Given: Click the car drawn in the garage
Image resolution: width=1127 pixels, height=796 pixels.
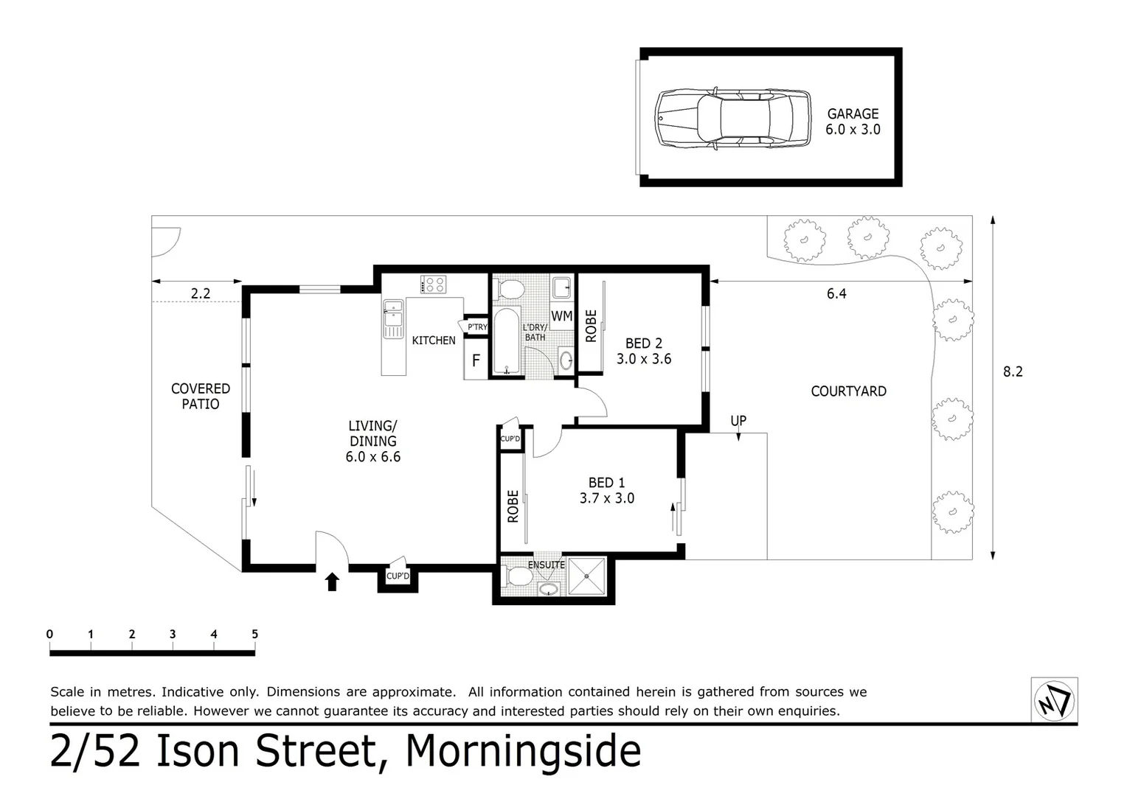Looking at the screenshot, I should pyautogui.click(x=732, y=118).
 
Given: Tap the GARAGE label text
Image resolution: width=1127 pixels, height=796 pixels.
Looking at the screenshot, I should pyautogui.click(x=853, y=114).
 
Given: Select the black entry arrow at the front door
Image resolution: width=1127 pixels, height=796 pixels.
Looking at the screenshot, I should pyautogui.click(x=332, y=582).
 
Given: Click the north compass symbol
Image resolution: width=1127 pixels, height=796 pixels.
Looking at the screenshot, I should pyautogui.click(x=1055, y=699).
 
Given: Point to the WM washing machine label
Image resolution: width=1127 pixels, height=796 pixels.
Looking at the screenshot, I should pyautogui.click(x=562, y=316).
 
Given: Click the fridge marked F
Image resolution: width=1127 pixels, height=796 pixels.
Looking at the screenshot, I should pyautogui.click(x=476, y=361).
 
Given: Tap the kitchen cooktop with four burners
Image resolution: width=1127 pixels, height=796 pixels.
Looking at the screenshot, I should pyautogui.click(x=433, y=284).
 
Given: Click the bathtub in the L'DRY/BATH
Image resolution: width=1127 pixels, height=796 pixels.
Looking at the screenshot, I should pyautogui.click(x=507, y=342).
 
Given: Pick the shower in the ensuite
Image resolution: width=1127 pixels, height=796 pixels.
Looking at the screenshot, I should pyautogui.click(x=587, y=576).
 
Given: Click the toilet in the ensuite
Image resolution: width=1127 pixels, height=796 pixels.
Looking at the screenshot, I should pyautogui.click(x=518, y=575).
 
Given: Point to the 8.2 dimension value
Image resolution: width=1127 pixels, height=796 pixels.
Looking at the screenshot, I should pyautogui.click(x=1013, y=371).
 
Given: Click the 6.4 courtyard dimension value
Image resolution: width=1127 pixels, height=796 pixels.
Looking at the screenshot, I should pyautogui.click(x=836, y=293).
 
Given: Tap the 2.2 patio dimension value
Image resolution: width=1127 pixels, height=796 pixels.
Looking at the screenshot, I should pyautogui.click(x=201, y=293).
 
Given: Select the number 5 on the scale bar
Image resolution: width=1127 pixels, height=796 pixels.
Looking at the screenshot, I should pyautogui.click(x=254, y=634).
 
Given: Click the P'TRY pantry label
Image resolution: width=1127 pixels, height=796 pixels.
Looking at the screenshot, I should pyautogui.click(x=477, y=327).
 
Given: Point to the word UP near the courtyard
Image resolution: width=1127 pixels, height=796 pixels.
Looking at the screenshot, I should pyautogui.click(x=738, y=420).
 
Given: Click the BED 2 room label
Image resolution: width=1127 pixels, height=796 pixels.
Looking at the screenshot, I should pyautogui.click(x=644, y=343).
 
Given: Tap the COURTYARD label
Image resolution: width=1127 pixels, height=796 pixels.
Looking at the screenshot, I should pyautogui.click(x=848, y=391).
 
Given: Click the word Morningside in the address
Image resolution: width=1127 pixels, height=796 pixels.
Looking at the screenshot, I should pyautogui.click(x=523, y=750).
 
